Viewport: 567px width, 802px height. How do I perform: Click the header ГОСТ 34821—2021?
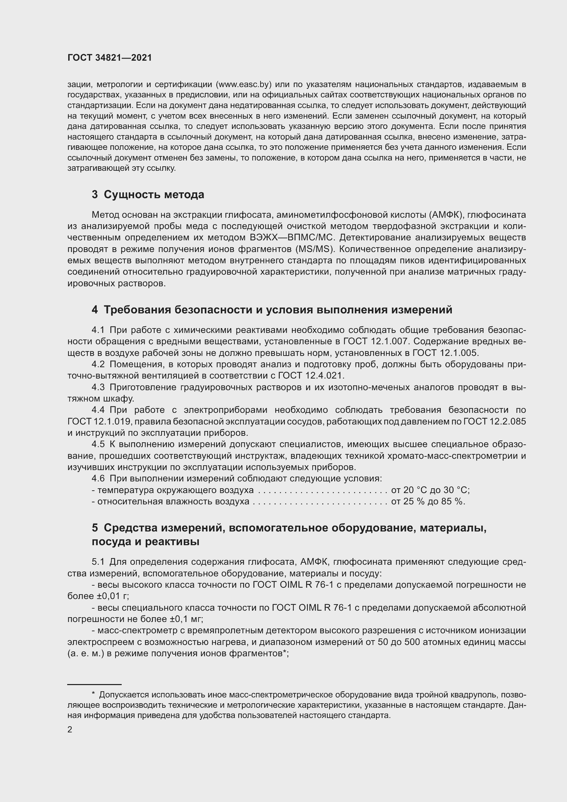110,58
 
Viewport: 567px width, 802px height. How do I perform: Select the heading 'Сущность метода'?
154,194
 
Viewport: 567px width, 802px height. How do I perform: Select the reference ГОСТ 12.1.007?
376,341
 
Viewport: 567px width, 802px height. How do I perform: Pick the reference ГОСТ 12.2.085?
494,422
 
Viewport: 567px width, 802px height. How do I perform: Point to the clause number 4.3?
98,387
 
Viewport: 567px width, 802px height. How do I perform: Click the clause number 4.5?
98,444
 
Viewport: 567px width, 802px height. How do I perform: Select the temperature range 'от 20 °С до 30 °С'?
430,490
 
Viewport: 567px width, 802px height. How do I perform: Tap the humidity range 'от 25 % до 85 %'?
428,502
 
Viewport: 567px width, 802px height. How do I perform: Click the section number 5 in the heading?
95,528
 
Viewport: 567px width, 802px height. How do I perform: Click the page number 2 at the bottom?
70,730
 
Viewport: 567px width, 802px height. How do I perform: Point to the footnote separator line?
94,685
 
